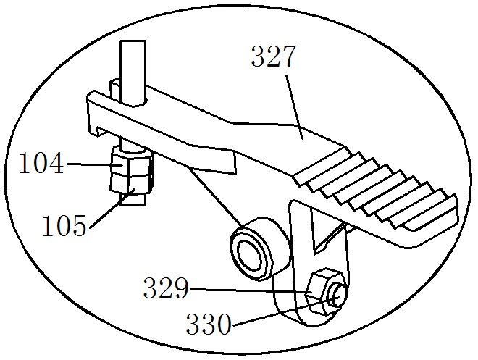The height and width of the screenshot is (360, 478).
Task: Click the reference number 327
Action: pos(273,56)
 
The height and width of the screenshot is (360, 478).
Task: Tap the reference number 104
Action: pos(42,164)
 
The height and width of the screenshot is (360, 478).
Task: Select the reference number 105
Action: pos(64,225)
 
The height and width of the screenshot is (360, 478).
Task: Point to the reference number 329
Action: pos(166,288)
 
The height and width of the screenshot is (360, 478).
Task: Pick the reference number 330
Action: pos(209,324)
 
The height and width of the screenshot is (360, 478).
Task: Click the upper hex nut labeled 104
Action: pos(131,162)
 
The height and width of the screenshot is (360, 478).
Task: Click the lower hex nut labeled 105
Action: pos(131,185)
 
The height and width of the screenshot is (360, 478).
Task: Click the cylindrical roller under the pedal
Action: pos(259,248)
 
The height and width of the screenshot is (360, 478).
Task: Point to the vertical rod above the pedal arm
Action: pos(133,72)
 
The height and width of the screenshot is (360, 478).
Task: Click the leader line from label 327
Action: pos(294,106)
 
